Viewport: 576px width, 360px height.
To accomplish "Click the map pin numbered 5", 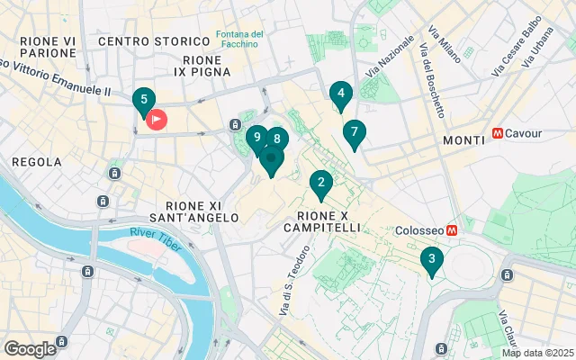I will (x=142, y=100).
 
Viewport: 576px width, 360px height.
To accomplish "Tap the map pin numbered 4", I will (x=339, y=93).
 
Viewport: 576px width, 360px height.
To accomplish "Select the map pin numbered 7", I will (x=354, y=132).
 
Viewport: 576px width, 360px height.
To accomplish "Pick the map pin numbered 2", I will (x=319, y=183).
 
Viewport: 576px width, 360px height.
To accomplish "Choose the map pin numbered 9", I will (x=256, y=138).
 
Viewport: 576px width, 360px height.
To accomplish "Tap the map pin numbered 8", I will (x=276, y=139).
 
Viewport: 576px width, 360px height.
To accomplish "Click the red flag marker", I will (x=157, y=118).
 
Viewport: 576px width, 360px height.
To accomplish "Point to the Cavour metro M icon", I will (x=497, y=134).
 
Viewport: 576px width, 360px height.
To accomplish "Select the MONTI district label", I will (x=463, y=141).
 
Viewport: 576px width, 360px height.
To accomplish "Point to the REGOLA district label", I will (x=37, y=162).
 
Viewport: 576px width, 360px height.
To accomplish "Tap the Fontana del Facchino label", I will (x=239, y=40).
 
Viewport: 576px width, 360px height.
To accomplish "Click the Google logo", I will (x=30, y=348).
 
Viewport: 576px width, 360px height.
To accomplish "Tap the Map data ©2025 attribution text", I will (x=536, y=353).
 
